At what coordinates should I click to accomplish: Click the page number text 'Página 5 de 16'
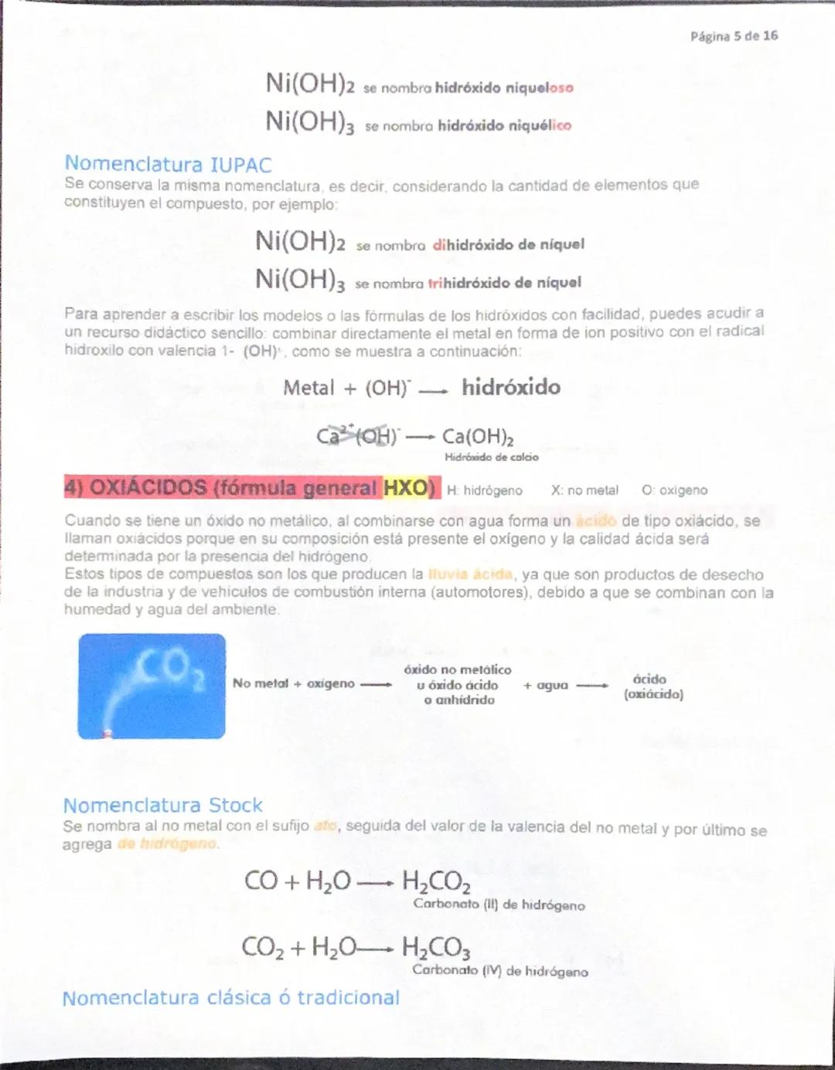(x=734, y=36)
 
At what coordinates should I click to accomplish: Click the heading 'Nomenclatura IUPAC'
(x=168, y=164)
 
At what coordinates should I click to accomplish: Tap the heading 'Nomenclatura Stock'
(x=162, y=805)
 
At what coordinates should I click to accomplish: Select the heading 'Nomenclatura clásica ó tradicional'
(x=230, y=997)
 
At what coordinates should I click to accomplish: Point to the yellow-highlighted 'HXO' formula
(x=409, y=488)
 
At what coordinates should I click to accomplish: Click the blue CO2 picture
(x=152, y=686)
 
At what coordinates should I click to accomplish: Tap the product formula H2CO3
(x=436, y=947)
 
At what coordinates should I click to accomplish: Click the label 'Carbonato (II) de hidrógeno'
(x=499, y=905)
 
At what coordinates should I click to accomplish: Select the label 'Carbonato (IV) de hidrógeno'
(x=499, y=971)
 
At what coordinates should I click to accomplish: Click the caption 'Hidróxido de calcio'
(x=491, y=457)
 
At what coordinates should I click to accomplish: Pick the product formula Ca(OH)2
(x=478, y=437)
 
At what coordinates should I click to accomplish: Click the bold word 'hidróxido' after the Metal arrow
(x=511, y=387)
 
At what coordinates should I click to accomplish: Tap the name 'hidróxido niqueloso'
(x=504, y=88)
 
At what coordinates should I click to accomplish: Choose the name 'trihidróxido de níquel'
(x=504, y=283)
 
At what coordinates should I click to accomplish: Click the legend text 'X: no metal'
(x=584, y=490)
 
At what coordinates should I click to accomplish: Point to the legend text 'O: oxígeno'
(x=674, y=490)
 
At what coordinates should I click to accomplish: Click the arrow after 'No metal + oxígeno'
(x=377, y=684)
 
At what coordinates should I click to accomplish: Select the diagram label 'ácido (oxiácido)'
(x=653, y=687)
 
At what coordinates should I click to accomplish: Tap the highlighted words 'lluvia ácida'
(x=470, y=574)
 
